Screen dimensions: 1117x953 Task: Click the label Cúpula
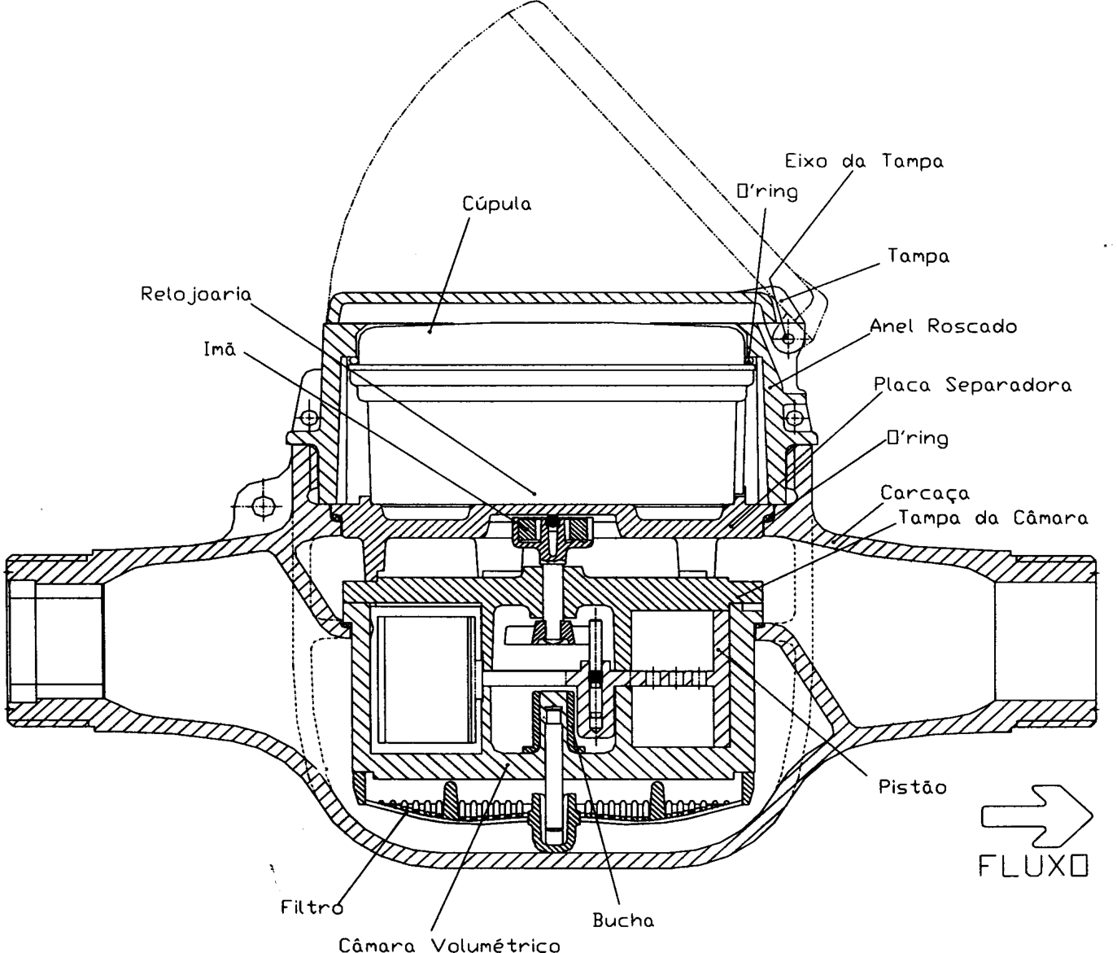point(496,203)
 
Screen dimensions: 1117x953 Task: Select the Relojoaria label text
point(196,295)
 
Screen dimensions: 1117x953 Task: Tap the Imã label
point(220,349)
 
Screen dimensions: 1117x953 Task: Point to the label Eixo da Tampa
point(864,162)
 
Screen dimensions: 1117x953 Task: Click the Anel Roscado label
point(944,326)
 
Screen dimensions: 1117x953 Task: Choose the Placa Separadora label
point(973,385)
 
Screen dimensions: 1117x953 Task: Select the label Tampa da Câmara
point(993,518)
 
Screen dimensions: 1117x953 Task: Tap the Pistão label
point(913,786)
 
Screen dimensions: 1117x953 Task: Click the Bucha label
point(623,920)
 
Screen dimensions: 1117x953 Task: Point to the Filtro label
point(312,907)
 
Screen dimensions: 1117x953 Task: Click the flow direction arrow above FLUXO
point(1037,815)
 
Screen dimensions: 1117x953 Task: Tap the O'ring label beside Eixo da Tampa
point(768,191)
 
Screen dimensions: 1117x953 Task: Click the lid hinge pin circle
point(788,339)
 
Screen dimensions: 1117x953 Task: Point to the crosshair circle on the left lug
point(263,506)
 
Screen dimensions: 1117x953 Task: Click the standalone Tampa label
point(918,256)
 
